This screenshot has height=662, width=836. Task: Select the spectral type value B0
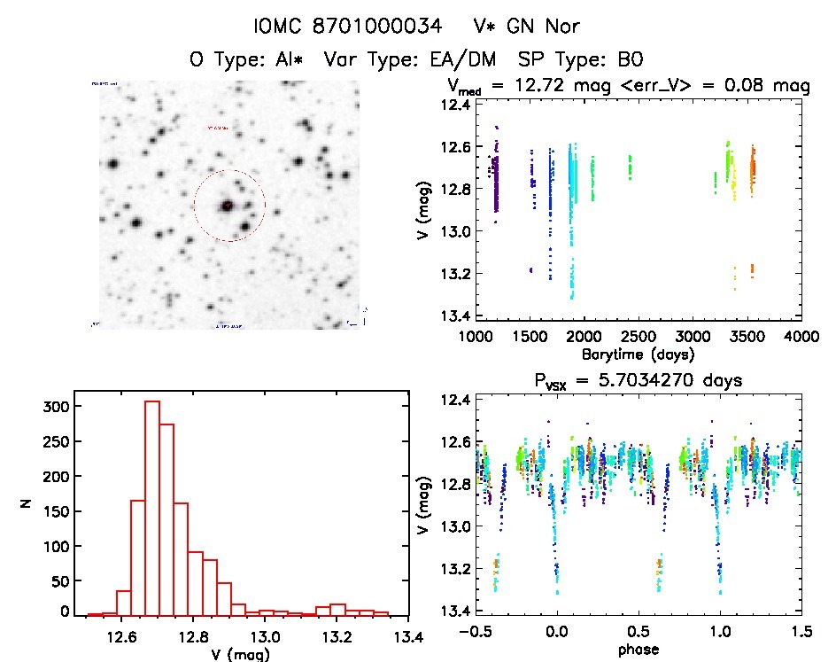[630, 60]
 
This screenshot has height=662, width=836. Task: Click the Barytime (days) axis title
[638, 354]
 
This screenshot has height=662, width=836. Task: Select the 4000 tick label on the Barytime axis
[801, 337]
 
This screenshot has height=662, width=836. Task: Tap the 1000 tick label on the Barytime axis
[476, 337]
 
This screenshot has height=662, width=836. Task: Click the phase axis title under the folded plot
[638, 650]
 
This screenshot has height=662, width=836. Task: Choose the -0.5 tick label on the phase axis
[473, 633]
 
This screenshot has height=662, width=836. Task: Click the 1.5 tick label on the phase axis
[802, 633]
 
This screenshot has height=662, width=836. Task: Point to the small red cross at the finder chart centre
[228, 206]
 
